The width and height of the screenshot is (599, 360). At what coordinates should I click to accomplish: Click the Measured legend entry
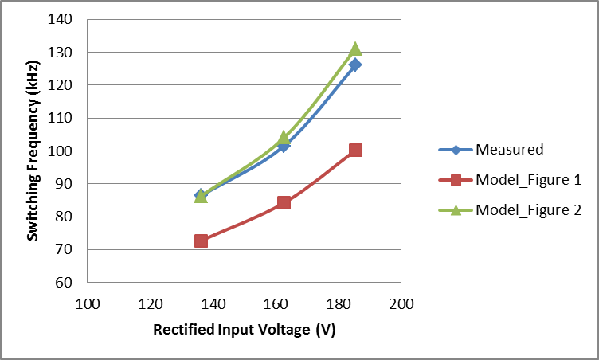[509, 149]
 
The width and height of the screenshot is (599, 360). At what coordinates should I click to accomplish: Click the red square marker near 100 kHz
[355, 150]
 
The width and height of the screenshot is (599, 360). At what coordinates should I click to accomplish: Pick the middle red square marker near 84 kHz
[284, 202]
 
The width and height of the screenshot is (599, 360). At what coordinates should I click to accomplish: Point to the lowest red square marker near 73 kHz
[201, 241]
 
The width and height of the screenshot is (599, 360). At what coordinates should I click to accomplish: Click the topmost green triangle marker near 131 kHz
[355, 49]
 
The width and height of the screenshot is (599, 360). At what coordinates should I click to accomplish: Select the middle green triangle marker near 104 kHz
[284, 138]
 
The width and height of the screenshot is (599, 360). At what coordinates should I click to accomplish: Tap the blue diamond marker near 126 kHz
[355, 65]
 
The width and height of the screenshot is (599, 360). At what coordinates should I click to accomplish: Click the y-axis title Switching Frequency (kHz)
[33, 151]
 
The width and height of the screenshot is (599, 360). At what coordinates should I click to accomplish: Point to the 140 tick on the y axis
[61, 19]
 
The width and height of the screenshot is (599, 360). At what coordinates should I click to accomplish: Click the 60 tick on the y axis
[65, 283]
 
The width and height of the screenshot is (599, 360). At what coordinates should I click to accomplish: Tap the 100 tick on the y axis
[61, 151]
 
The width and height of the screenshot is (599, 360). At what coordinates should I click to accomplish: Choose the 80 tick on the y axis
[65, 217]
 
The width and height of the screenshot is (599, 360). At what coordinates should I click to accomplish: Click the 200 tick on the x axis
[402, 304]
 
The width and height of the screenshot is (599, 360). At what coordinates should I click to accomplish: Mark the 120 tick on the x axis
[150, 304]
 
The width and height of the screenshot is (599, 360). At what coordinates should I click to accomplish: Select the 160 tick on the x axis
[276, 304]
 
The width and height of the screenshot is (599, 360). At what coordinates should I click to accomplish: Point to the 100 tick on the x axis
[87, 304]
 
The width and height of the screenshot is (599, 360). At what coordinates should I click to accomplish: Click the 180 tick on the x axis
[339, 304]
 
